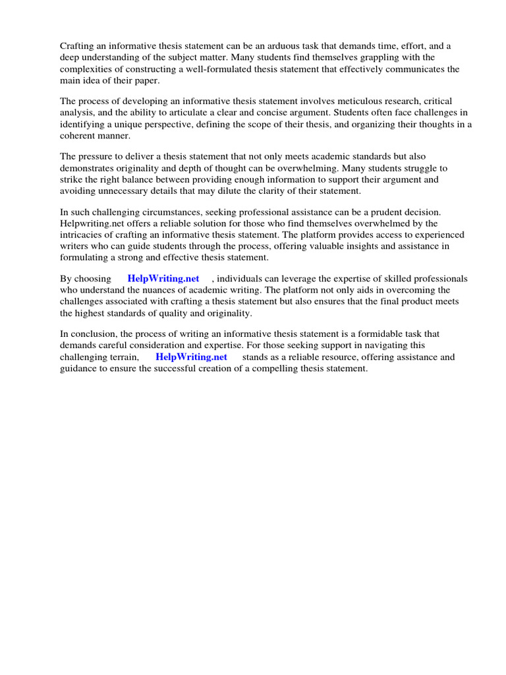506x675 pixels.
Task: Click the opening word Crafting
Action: (78, 45)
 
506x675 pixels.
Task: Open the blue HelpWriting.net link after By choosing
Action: (163, 279)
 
